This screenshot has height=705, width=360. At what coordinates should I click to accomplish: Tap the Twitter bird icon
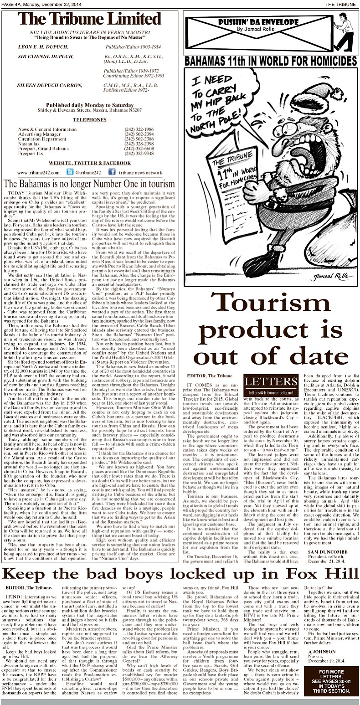pyautogui.click(x=70, y=173)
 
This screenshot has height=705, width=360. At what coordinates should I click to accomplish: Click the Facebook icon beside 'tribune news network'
pyautogui.click(x=112, y=173)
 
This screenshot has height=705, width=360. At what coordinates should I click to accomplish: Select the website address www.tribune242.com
pyautogui.click(x=38, y=173)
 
